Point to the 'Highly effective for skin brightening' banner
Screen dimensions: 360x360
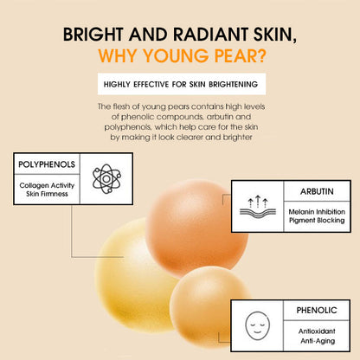pos(180,85)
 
